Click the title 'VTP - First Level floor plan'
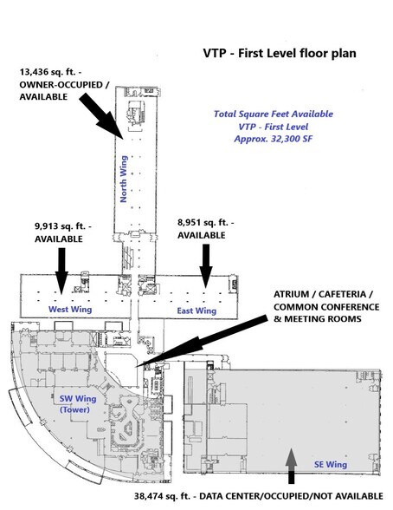point(280,54)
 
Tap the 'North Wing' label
point(124,179)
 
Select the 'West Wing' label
point(70,310)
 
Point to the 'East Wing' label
point(196,311)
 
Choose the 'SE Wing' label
point(331,465)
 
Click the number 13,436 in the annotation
point(34,72)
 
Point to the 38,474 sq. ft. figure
point(162,496)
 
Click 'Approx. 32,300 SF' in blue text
point(274,139)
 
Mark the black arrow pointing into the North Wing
point(101,116)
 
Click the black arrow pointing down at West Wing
point(61,271)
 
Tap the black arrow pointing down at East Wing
point(206,265)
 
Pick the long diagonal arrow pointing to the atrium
point(202,342)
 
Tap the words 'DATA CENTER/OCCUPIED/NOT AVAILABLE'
point(291,496)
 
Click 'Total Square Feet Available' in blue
point(274,114)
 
